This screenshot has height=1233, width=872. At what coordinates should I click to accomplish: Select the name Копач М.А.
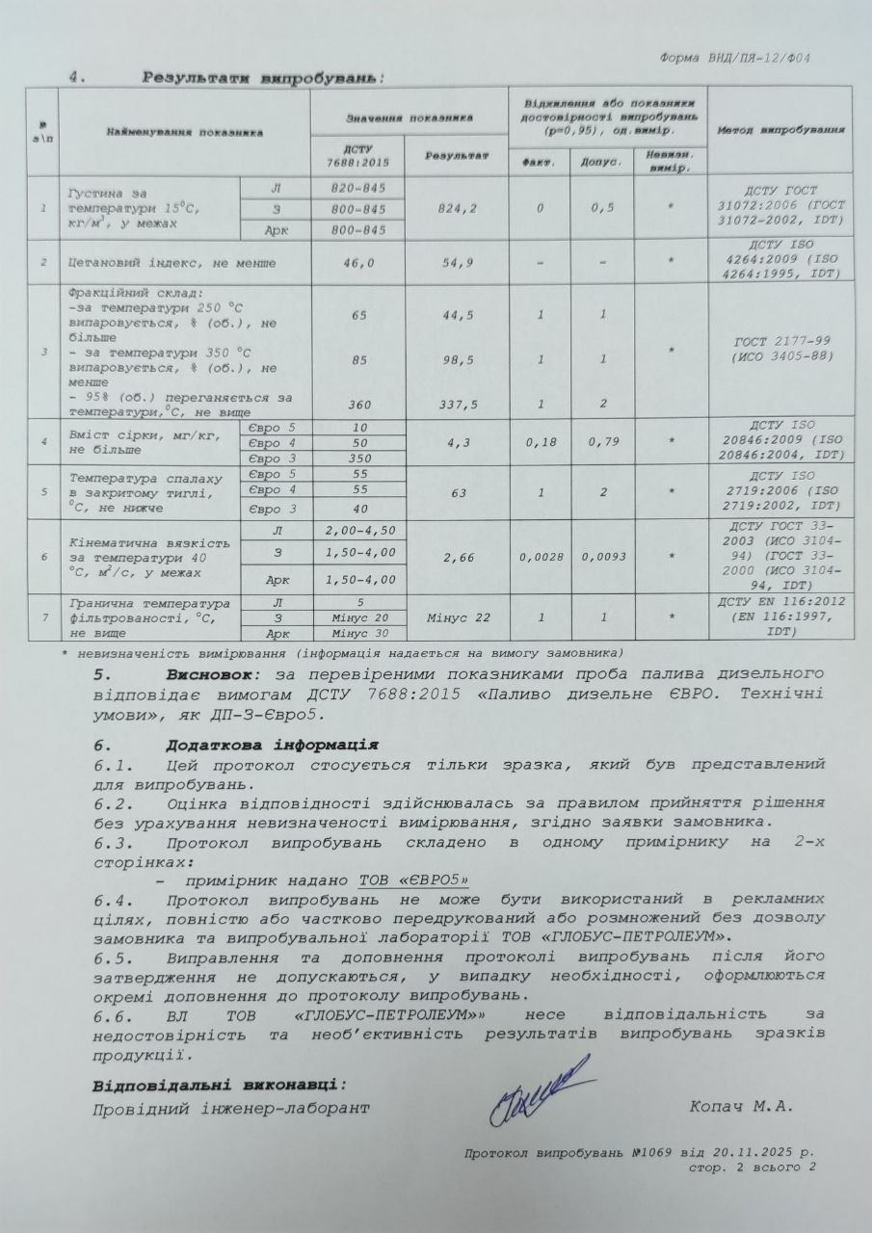[741, 1107]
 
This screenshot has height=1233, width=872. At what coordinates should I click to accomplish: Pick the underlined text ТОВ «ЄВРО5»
[413, 879]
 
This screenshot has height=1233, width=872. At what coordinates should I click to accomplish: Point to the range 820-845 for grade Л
[357, 187]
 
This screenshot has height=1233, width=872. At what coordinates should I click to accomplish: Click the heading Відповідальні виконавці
[219, 1086]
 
